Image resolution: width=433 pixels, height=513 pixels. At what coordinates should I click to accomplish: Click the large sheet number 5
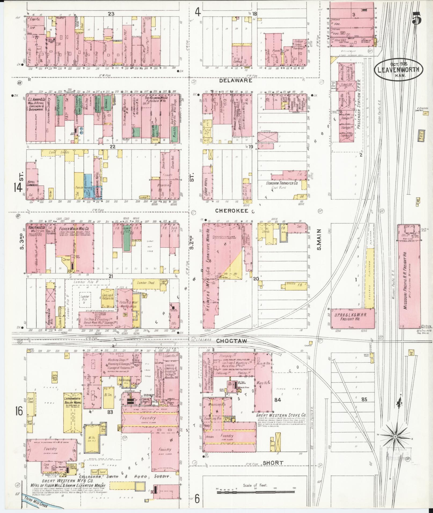coord(417,18)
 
